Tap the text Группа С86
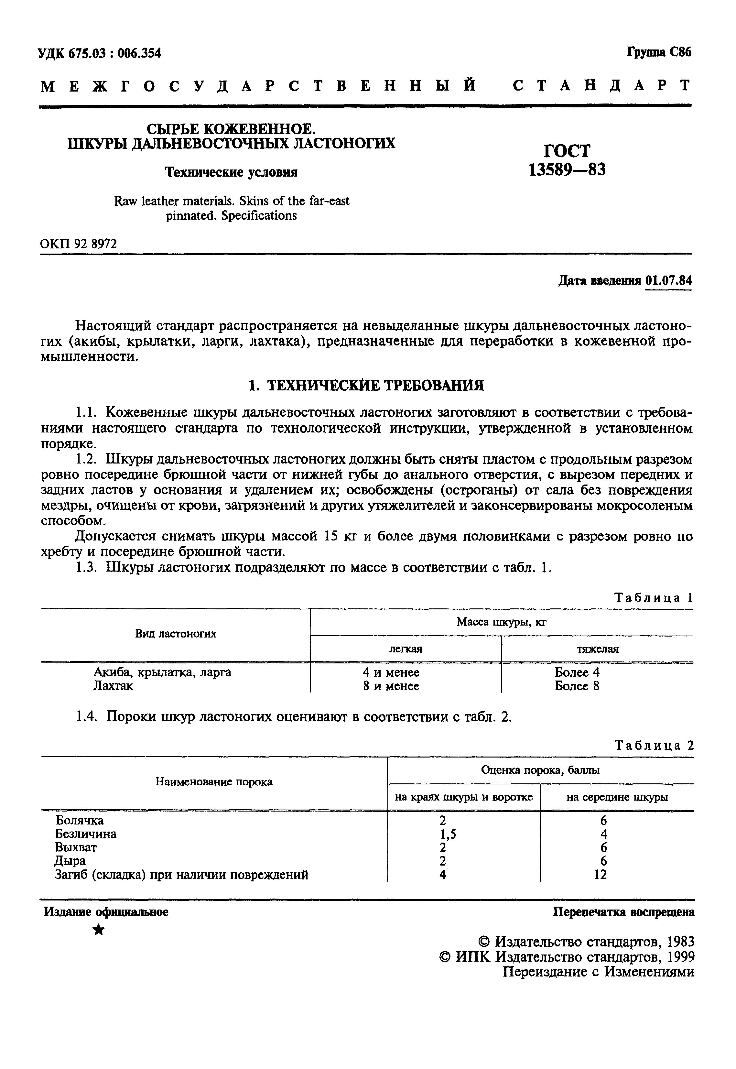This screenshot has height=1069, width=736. coord(659,52)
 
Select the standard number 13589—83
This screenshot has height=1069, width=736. coord(567,170)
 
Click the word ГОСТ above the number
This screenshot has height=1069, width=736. coord(567,151)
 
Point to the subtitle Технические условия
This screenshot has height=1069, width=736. coord(232,172)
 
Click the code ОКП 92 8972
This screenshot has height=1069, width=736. coord(78,244)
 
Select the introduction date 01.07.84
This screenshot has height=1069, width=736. coord(669,280)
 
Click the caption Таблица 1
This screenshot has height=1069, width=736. coord(654,598)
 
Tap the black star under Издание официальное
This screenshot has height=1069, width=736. coord(99,931)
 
